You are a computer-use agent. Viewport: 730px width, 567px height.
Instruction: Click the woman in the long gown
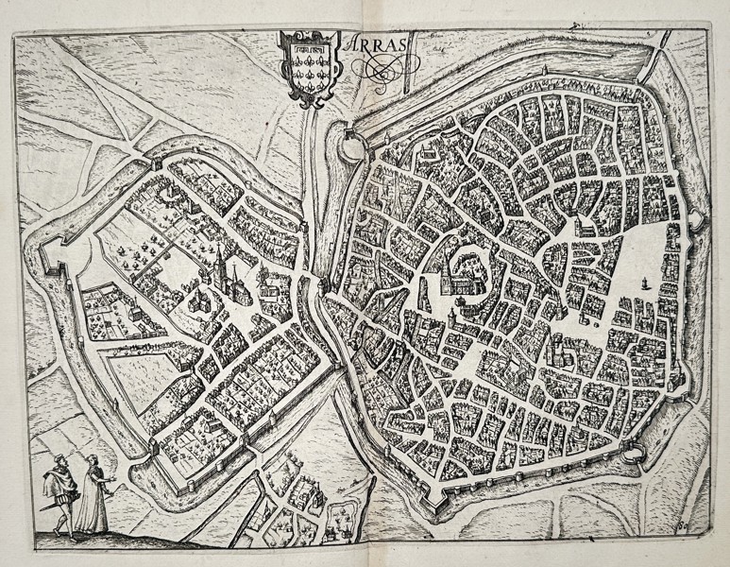93,494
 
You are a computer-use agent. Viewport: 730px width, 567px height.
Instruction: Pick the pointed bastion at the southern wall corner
425,516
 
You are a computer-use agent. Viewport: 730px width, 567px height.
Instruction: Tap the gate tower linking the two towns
319,283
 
